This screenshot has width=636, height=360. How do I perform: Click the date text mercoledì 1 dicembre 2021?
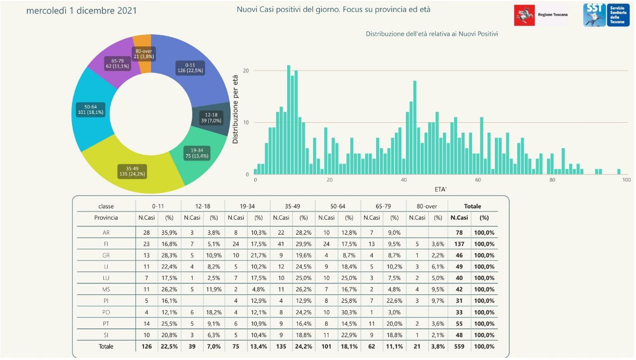tap(81, 10)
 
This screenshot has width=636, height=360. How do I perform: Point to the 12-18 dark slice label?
tap(211, 117)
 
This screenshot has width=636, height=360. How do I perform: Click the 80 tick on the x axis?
tap(552, 180)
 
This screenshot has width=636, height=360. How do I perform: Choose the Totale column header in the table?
tap(472, 206)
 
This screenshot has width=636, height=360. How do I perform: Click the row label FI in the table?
tap(106, 244)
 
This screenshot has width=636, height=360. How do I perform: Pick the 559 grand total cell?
tap(459, 347)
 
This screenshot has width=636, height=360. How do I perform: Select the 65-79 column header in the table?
tap(383, 206)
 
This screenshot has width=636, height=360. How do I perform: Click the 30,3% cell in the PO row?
tap(349, 312)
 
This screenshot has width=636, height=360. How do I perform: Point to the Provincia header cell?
tap(106, 218)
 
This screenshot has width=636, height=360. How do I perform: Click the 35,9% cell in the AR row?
tap(168, 233)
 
